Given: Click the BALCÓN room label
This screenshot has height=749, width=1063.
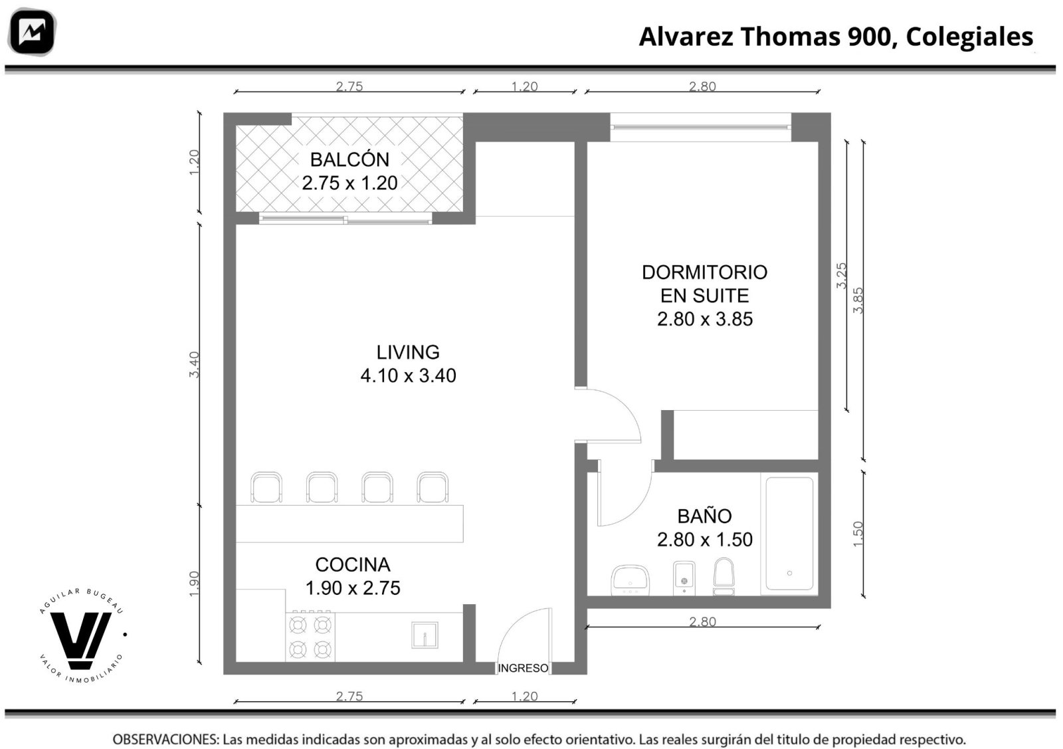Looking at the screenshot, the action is coord(349,160).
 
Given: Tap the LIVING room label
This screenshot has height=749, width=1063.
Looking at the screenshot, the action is coord(408,352).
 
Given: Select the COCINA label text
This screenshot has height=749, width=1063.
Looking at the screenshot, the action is coord(353,565).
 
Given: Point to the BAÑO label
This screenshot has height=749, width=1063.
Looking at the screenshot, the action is coord(704,516).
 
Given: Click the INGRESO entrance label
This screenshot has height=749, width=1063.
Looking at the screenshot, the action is coord(523,669).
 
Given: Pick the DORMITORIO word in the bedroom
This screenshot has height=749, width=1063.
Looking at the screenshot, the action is coord(705,272).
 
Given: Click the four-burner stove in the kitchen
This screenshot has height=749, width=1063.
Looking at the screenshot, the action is coord(310,637).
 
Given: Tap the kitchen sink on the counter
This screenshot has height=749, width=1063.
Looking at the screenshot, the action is coord(425,635).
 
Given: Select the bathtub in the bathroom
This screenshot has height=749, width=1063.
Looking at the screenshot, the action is coord(789,534).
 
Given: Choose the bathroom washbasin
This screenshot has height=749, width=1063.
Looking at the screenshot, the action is coord(630,580).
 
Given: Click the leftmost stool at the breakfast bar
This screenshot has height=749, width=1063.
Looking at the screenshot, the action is coord(266,487).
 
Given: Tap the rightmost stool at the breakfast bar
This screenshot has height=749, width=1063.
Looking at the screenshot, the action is coord(433,487).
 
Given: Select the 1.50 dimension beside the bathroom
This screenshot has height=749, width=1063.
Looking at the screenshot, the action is coord(858,534).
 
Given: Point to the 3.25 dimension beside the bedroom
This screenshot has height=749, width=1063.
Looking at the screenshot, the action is coord(841,276).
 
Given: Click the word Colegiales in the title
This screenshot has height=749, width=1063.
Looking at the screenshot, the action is coord(969,37).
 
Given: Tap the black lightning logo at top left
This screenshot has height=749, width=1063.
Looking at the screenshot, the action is coord(32,32).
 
